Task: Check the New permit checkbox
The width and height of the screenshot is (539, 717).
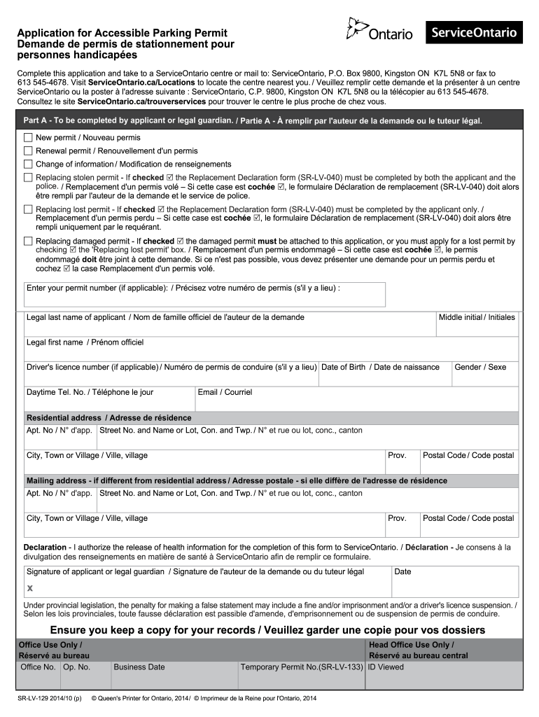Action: pyautogui.click(x=28, y=137)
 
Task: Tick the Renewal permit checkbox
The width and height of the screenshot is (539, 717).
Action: pyautogui.click(x=28, y=151)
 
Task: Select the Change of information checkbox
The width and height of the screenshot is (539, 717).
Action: pyautogui.click(x=28, y=164)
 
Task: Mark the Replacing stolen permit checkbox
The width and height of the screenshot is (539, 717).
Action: pyautogui.click(x=28, y=178)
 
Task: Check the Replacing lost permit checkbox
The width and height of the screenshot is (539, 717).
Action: pyautogui.click(x=28, y=209)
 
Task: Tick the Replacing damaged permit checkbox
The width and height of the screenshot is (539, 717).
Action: pyautogui.click(x=28, y=241)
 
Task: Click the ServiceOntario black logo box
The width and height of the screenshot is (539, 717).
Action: pyautogui.click(x=474, y=32)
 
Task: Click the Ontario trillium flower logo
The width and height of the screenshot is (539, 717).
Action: pyautogui.click(x=357, y=29)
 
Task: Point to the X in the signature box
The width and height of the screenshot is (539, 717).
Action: pyautogui.click(x=30, y=589)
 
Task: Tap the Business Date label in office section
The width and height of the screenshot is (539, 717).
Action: pyautogui.click(x=139, y=667)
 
